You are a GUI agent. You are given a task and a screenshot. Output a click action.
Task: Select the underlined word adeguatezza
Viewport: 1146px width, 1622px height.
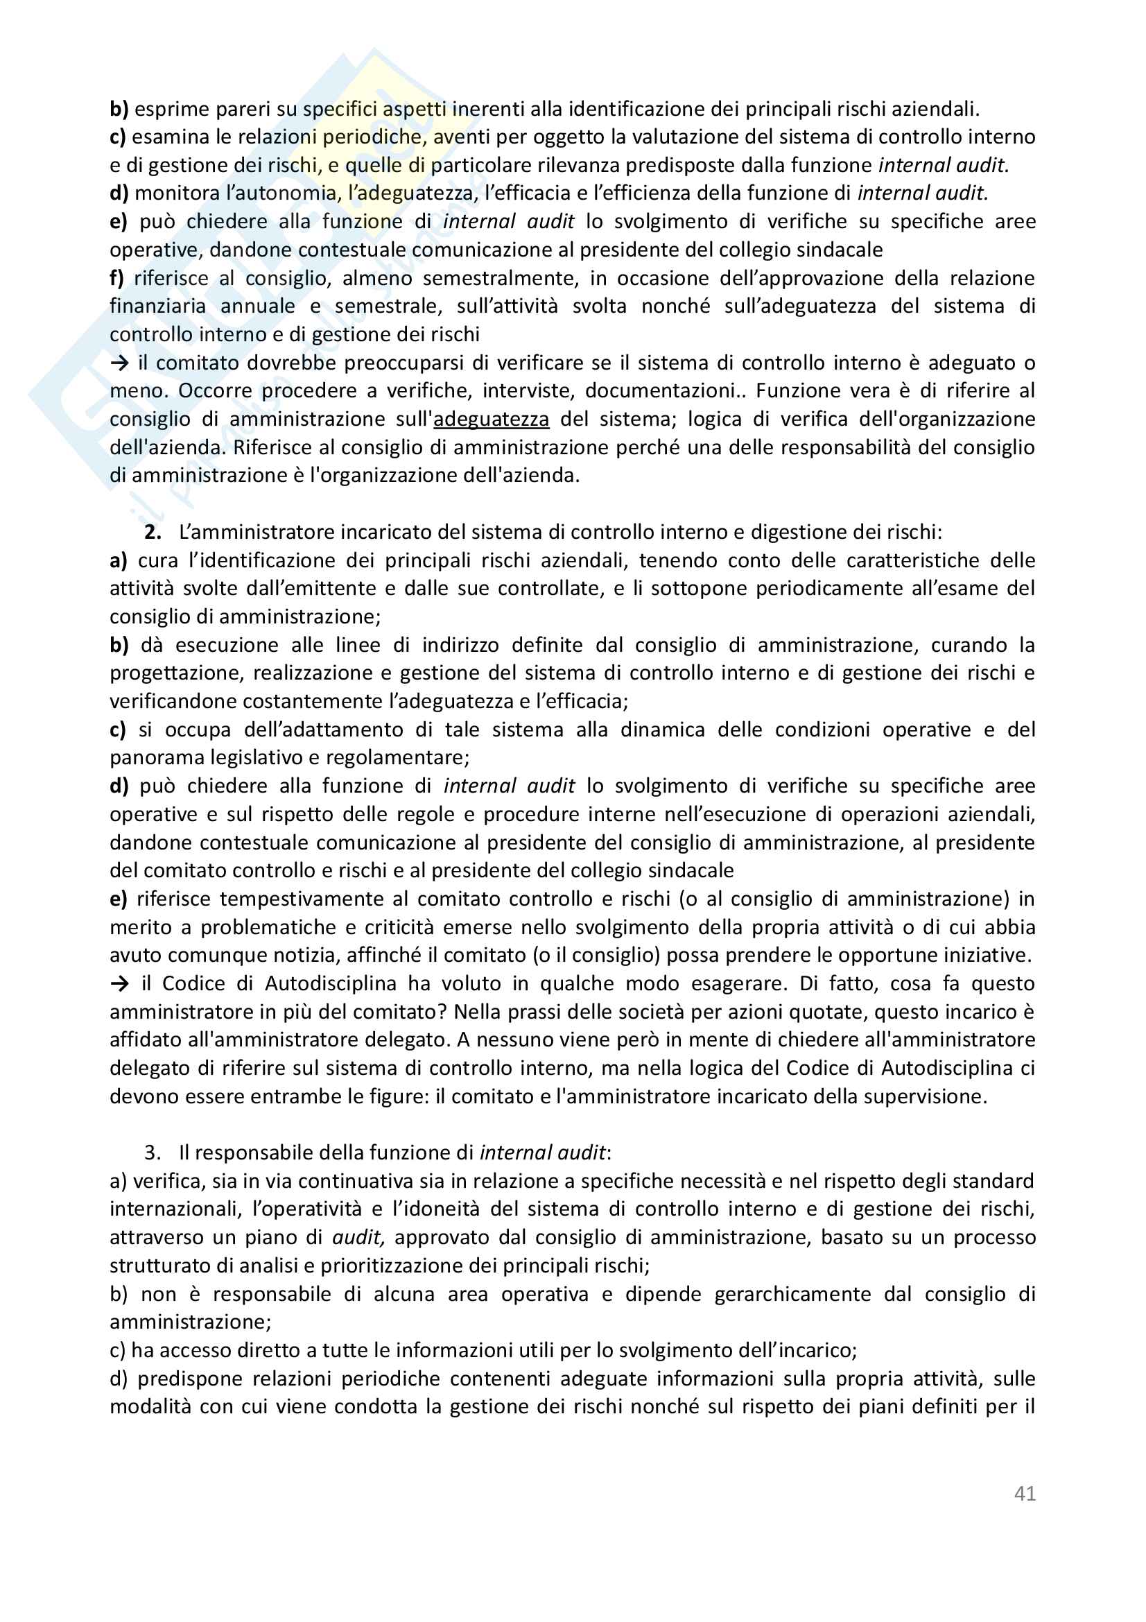(491, 419)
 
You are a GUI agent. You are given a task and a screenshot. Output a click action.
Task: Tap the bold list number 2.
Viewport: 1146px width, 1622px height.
(153, 532)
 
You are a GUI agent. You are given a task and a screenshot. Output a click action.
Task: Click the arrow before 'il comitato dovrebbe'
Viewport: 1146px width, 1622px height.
(119, 363)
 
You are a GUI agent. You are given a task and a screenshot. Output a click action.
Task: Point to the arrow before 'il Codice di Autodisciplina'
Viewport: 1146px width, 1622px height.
(119, 983)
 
